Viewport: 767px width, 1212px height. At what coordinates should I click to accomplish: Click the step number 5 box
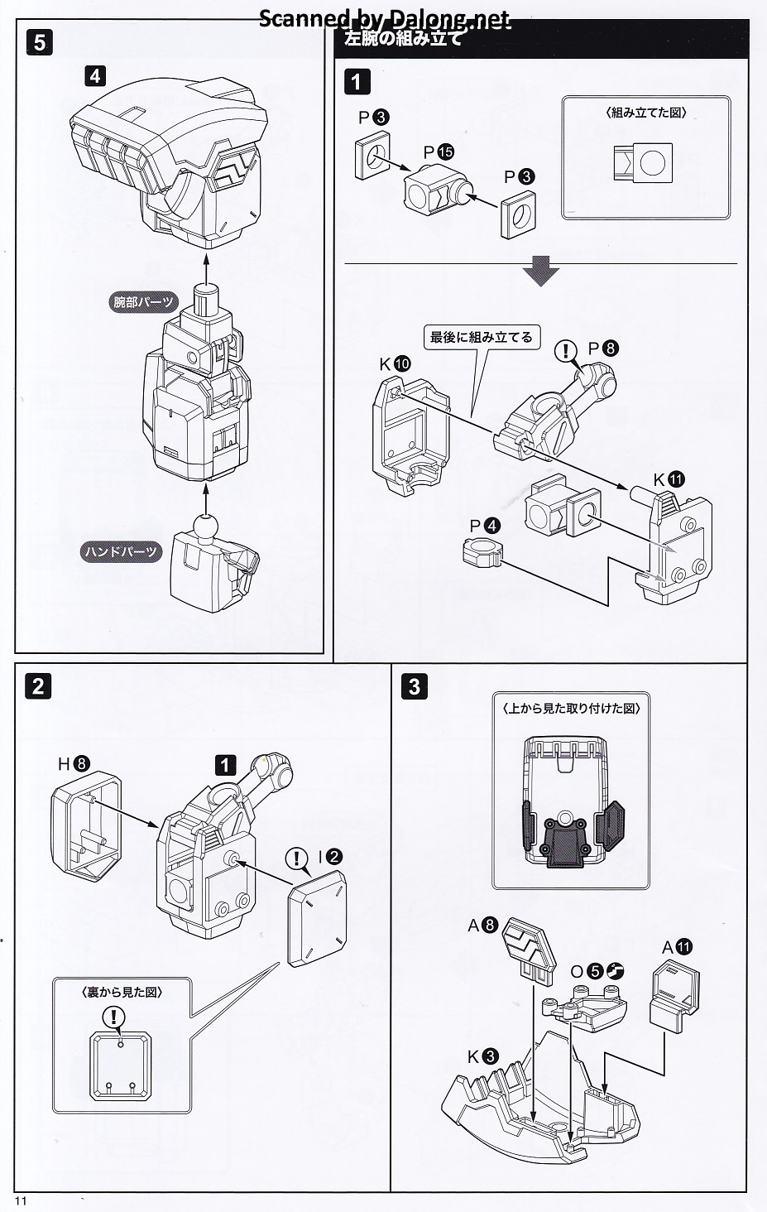[40, 42]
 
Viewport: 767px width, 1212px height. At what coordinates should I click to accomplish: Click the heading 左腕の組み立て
[403, 38]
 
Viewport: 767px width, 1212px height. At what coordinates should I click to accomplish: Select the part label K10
[395, 364]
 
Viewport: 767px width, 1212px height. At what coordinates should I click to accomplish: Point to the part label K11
[669, 479]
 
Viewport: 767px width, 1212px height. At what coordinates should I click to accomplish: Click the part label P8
[602, 349]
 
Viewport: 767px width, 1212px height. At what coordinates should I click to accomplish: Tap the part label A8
[482, 926]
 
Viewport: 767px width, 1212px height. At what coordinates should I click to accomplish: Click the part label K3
[482, 1056]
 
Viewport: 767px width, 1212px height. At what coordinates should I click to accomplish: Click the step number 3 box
[415, 686]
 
